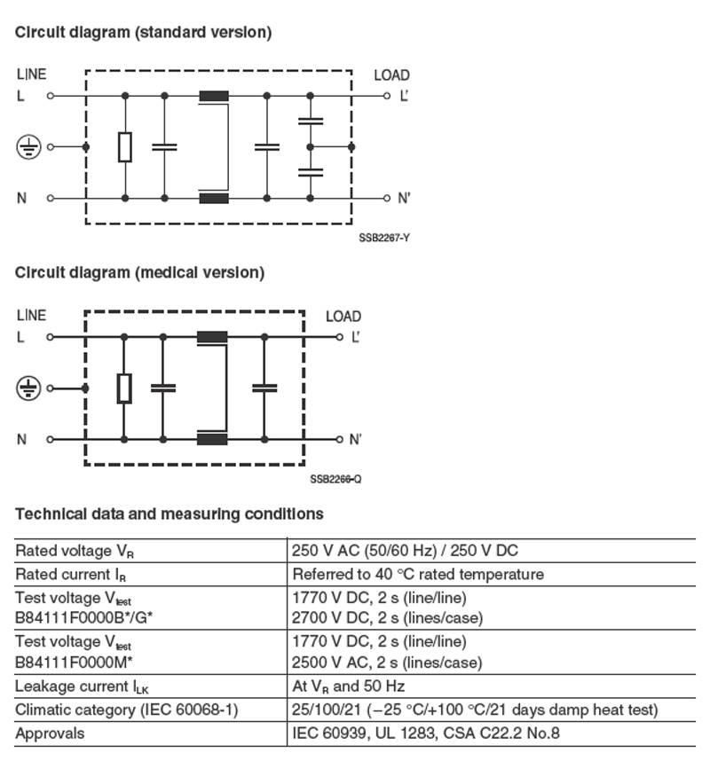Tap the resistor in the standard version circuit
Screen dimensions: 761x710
125,147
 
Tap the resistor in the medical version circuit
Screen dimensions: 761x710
124,388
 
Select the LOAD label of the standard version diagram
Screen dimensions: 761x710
391,75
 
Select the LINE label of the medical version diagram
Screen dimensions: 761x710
31,315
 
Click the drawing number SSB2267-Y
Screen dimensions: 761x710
384,238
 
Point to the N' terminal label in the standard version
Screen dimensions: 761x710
404,198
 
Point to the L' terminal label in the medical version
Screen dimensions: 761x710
356,337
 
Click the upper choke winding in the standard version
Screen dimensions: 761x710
214,96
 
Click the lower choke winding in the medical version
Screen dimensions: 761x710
213,439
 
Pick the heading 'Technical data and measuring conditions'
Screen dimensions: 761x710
170,514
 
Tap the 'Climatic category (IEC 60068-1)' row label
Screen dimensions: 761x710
126,710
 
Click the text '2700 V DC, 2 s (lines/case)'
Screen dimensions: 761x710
387,616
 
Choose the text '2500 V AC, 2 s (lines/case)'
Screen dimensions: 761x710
387,663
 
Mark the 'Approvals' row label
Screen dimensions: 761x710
51,734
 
